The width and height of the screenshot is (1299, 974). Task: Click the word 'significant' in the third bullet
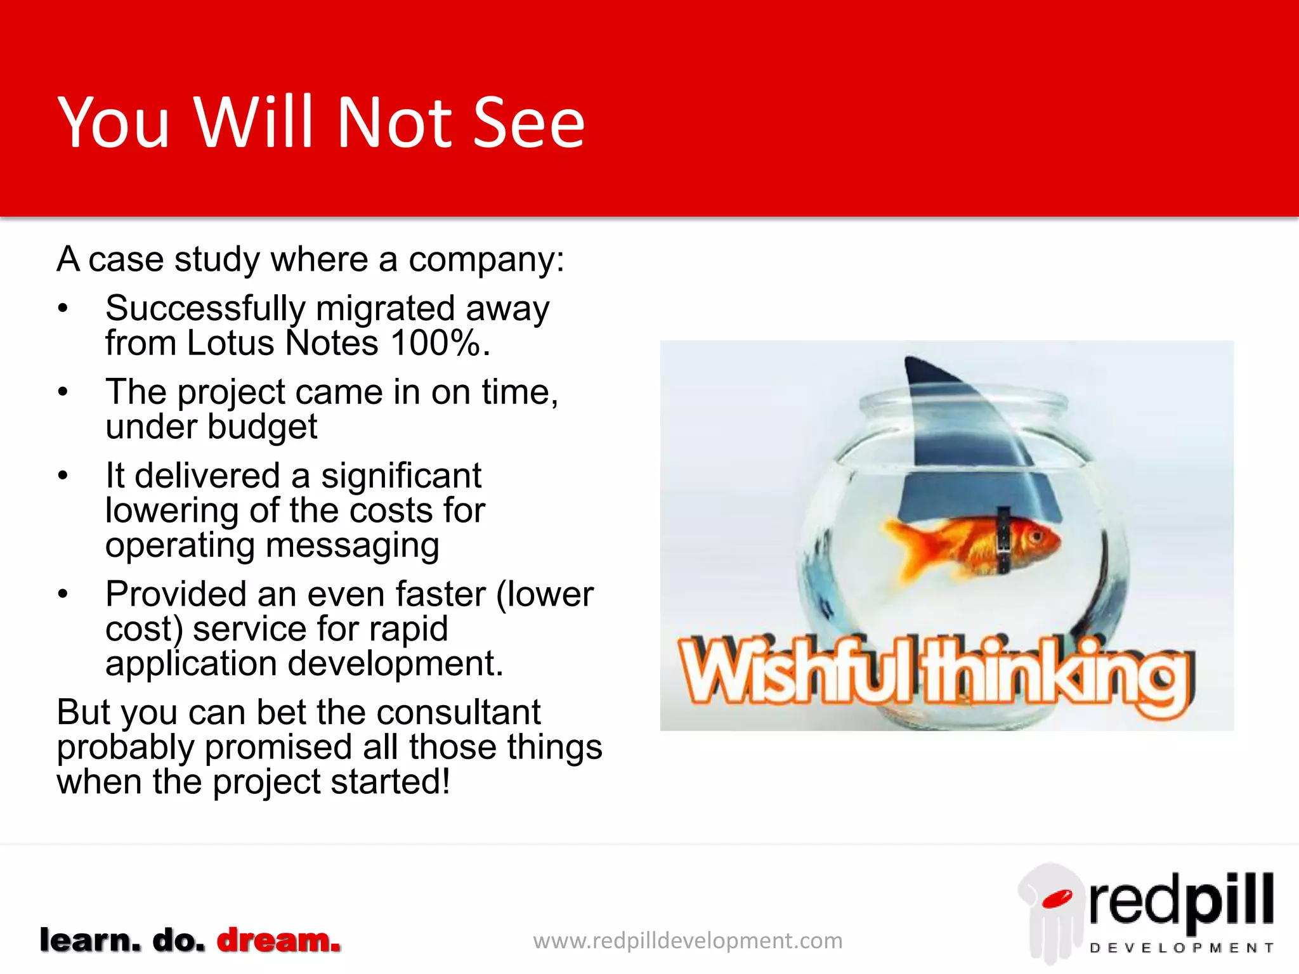pyautogui.click(x=401, y=476)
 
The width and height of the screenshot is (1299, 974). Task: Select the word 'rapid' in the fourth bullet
pyautogui.click(x=408, y=628)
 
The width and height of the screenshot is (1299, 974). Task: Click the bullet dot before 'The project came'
pyautogui.click(x=62, y=392)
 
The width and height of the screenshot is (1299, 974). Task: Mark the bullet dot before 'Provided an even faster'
pyautogui.click(x=62, y=594)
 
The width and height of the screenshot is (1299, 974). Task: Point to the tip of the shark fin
pyautogui.click(x=908, y=360)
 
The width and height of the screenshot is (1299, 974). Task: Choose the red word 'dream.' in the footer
pyautogui.click(x=278, y=940)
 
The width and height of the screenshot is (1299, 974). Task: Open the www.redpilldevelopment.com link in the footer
pyautogui.click(x=688, y=940)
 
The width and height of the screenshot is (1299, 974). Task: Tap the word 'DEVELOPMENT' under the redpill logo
pyautogui.click(x=1182, y=948)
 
